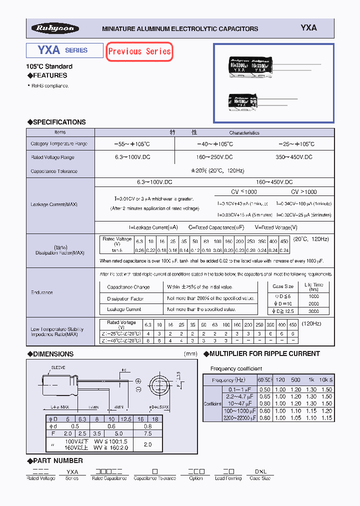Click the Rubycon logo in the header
[54, 28]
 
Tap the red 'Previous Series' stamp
[139, 51]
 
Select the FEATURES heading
[49, 75]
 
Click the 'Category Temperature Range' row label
[59, 144]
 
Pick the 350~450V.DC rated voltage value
[295, 157]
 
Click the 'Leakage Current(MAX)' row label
[53, 204]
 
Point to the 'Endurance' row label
[41, 292]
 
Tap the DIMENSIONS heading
[52, 354]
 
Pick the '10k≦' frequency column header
[326, 380]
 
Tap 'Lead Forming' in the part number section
[228, 478]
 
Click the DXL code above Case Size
[260, 471]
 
